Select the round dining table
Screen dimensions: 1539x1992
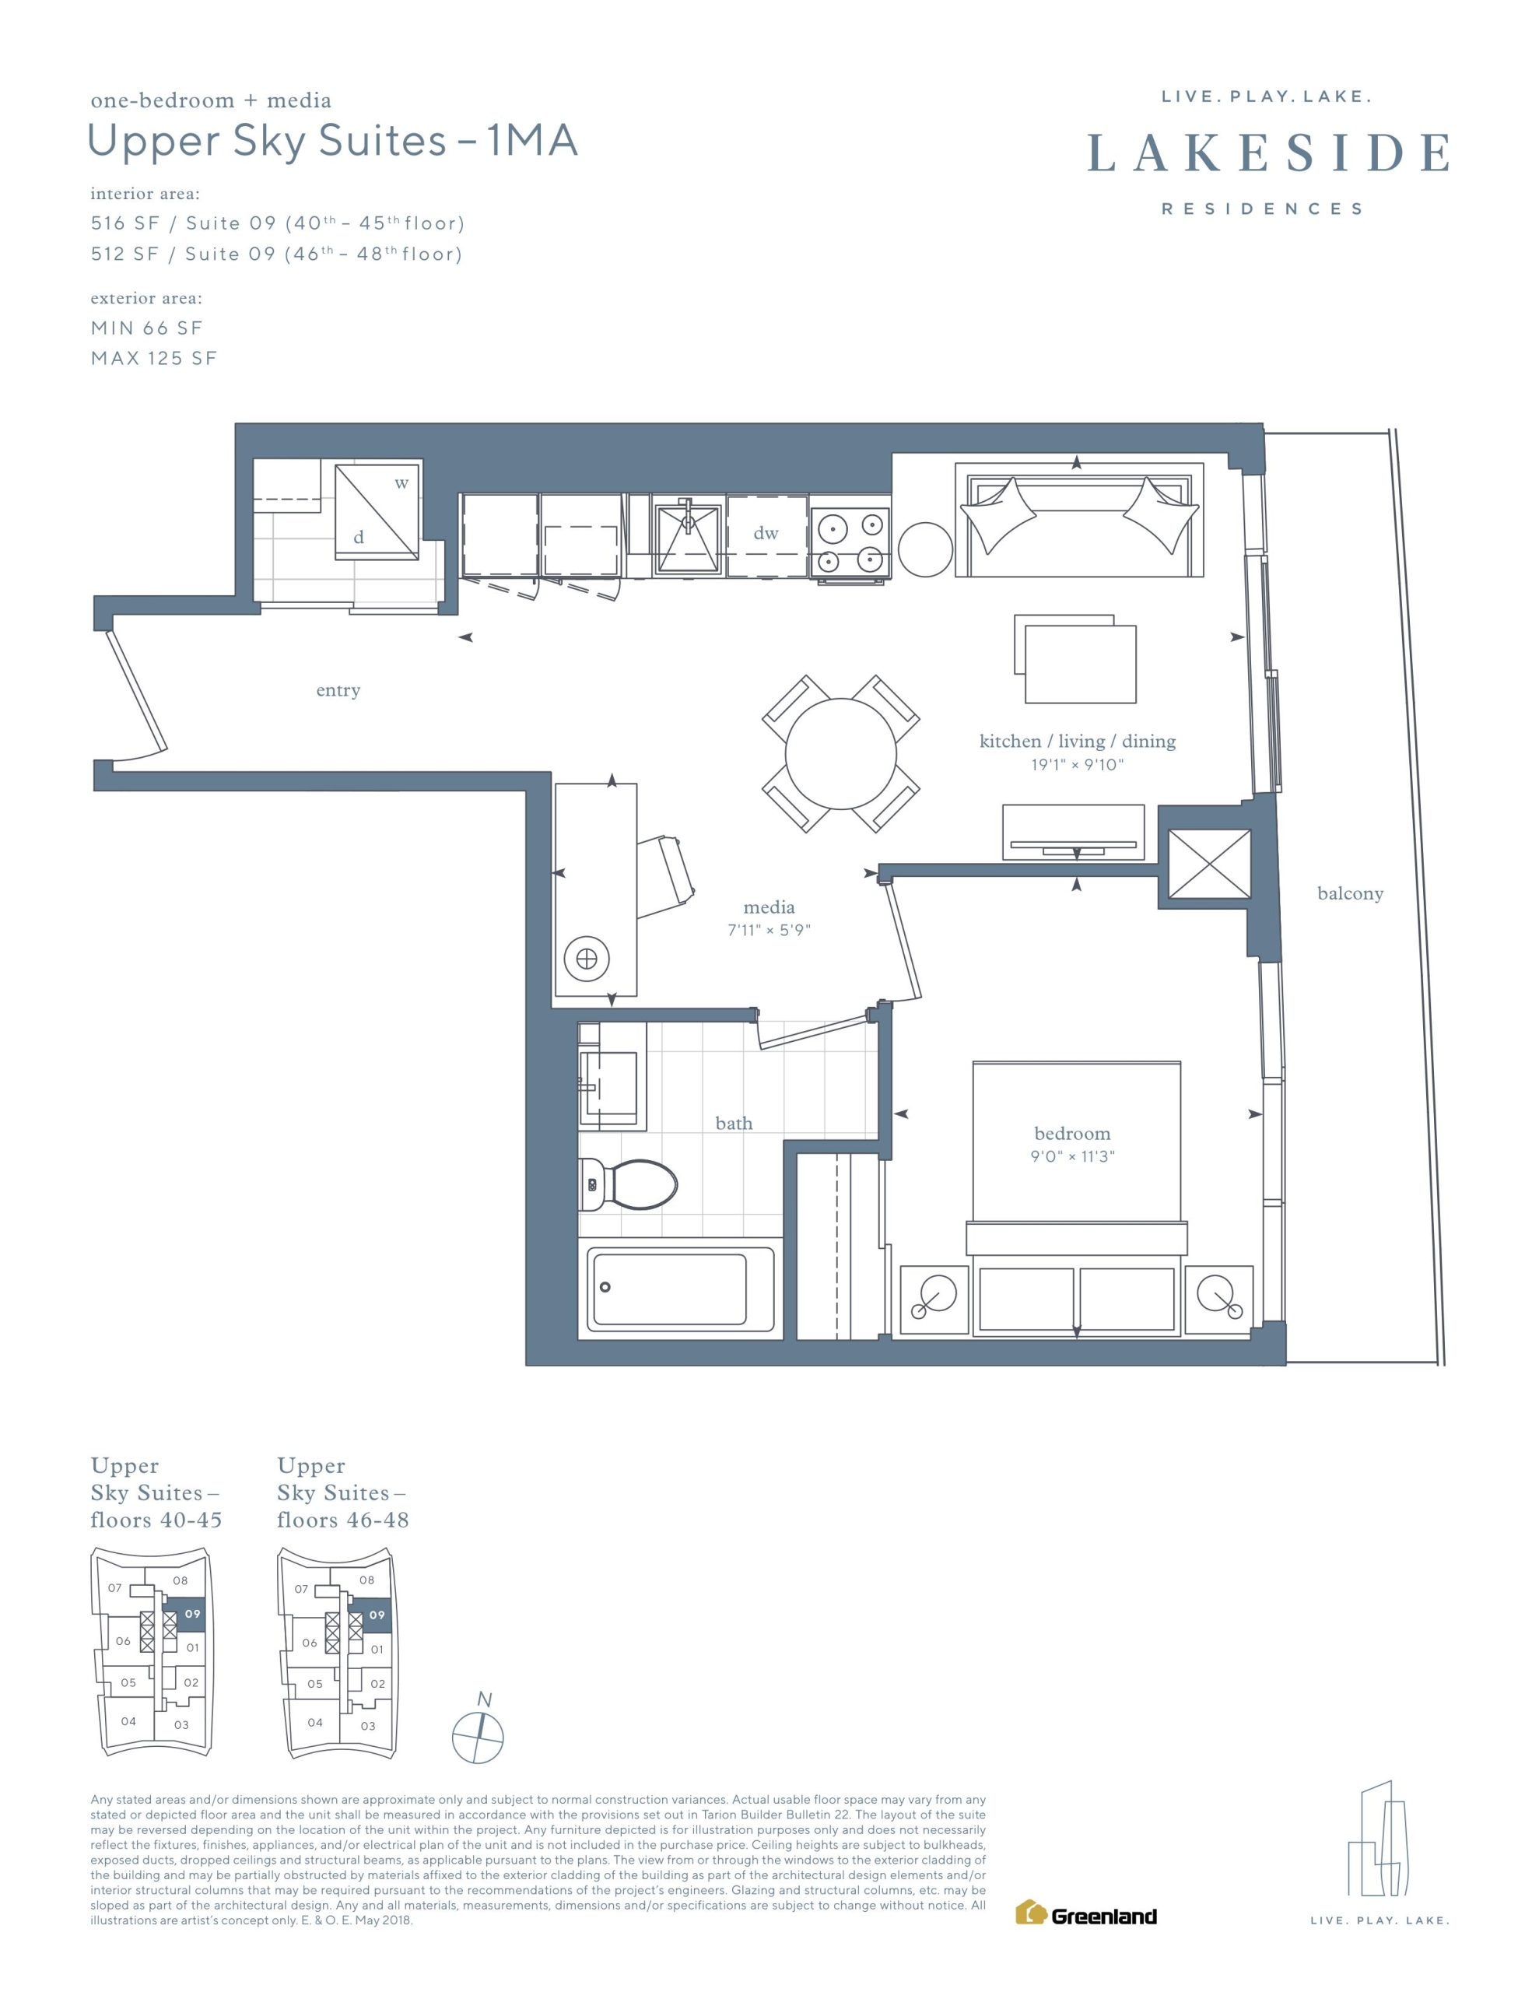point(840,753)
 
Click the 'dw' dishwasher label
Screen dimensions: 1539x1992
point(766,534)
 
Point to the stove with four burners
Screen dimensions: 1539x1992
point(850,544)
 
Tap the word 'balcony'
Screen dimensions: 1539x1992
point(1350,894)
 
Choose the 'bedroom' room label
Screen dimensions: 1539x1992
point(1072,1134)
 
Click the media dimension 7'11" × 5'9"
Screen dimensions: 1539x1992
point(769,931)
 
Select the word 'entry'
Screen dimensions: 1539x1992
point(338,690)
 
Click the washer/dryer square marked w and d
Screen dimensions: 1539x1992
point(377,512)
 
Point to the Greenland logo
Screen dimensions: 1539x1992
point(1086,1913)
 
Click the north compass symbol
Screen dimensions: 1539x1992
point(478,1736)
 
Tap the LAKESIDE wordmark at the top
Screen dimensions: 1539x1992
point(1268,153)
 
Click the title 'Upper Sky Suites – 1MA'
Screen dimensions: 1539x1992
point(333,142)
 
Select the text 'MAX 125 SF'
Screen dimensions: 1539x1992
point(154,359)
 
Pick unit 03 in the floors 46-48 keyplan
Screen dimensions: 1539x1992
point(368,1726)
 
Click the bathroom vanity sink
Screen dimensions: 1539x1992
point(609,1085)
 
